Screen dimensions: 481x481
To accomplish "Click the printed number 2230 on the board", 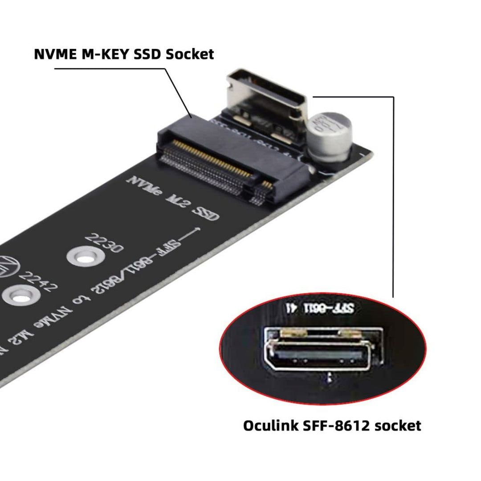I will click(105, 243).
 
